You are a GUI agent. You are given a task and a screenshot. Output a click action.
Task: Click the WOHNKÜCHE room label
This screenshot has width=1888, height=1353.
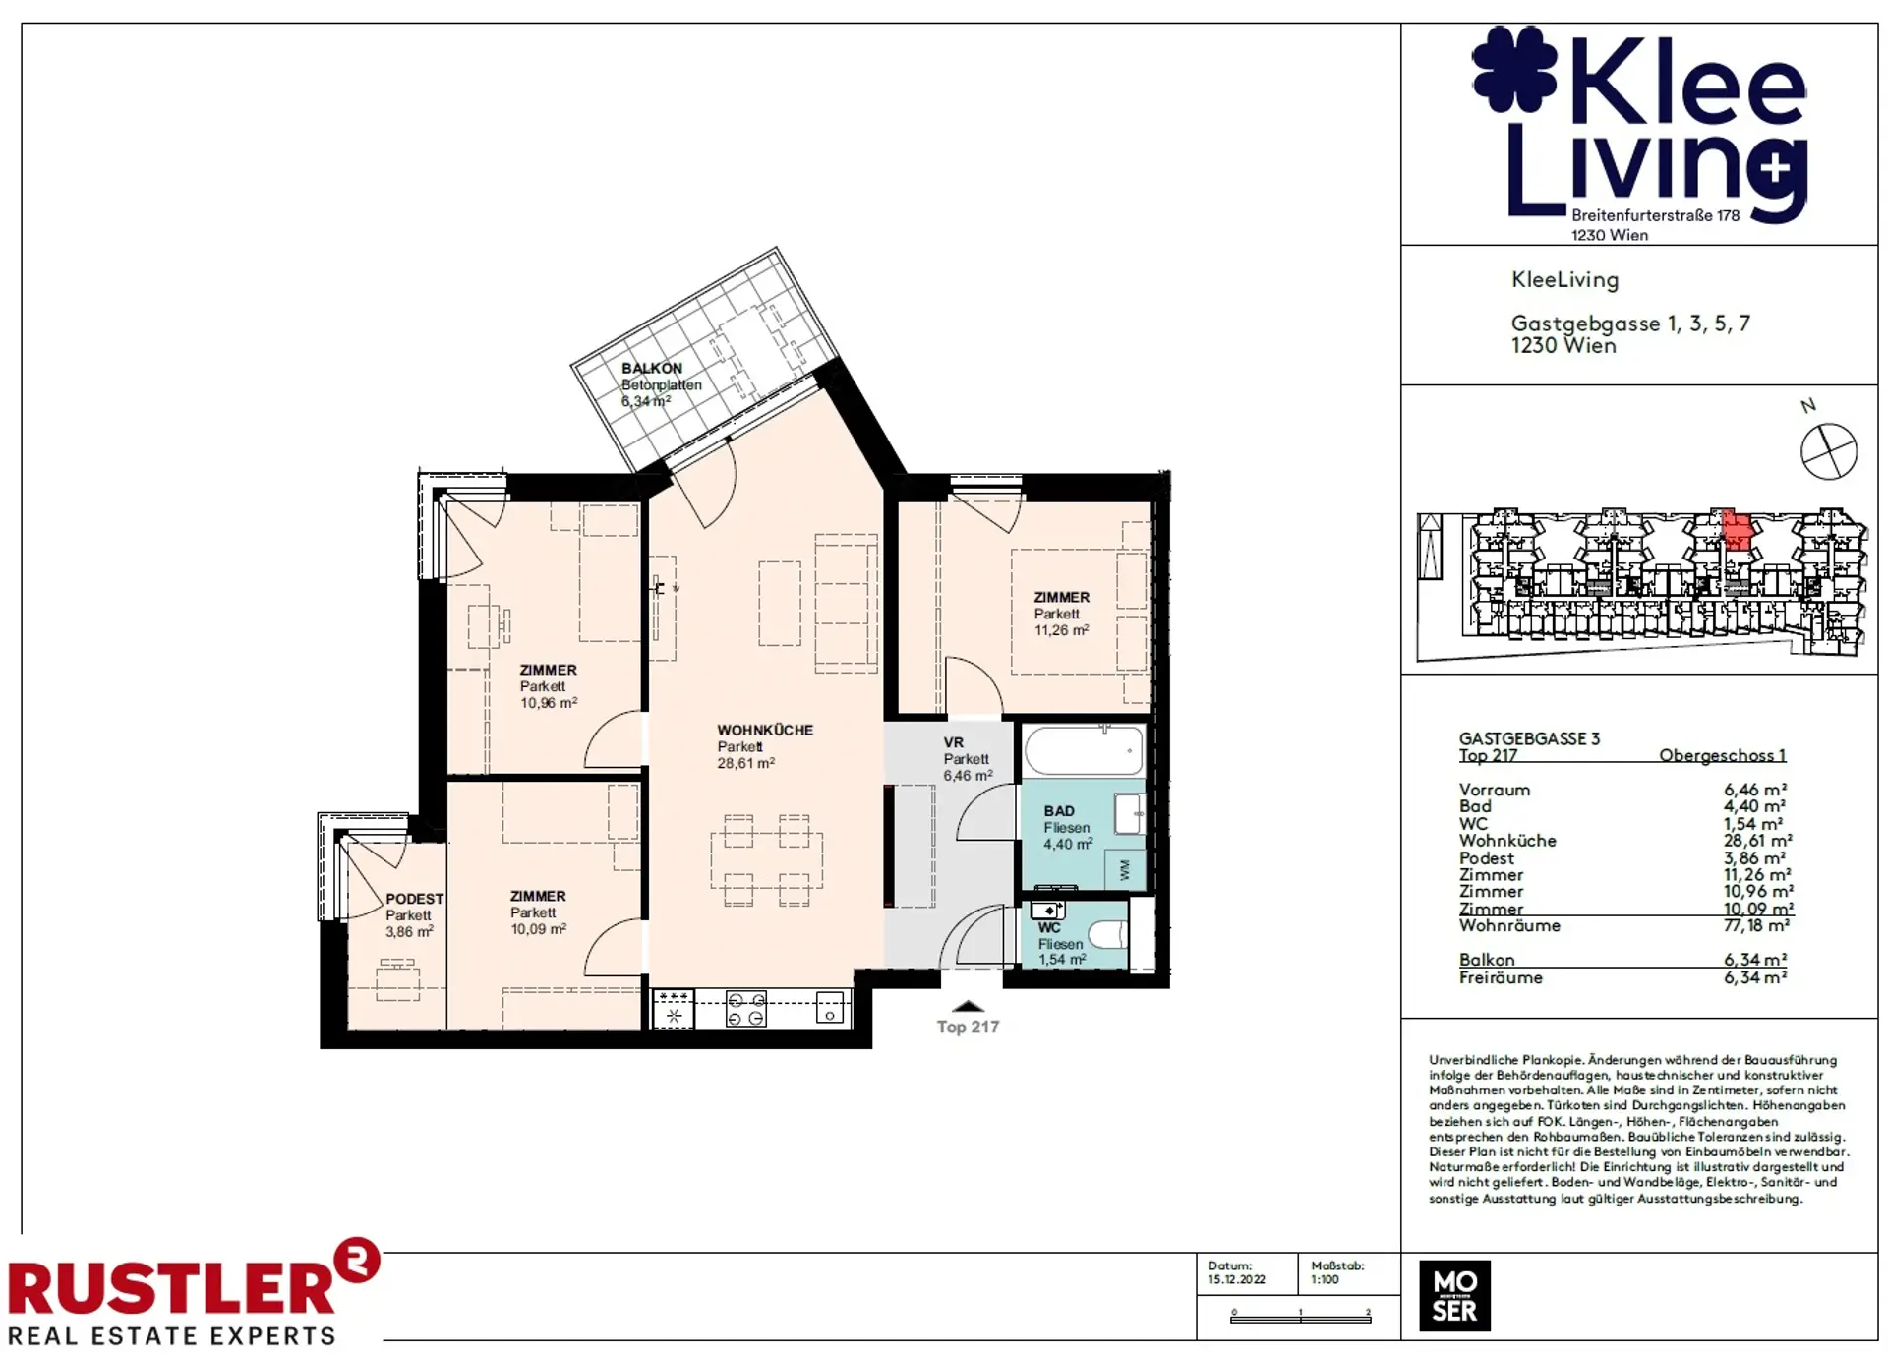click(x=765, y=730)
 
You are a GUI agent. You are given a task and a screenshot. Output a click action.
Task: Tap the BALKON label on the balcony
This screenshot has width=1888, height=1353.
click(x=651, y=368)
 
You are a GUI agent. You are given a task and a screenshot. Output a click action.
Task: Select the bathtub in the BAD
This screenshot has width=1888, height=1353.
click(x=1084, y=752)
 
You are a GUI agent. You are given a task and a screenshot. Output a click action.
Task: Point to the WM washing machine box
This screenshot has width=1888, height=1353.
click(x=1125, y=869)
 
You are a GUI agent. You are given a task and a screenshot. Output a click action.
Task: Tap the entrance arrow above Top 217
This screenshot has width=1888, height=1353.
click(x=968, y=1006)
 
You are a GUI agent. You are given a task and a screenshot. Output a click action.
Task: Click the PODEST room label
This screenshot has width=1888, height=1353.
click(x=414, y=899)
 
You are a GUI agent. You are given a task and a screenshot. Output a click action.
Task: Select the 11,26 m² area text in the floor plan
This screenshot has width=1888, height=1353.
click(x=1061, y=630)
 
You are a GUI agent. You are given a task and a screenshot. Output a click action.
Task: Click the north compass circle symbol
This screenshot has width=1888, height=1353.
click(x=1829, y=452)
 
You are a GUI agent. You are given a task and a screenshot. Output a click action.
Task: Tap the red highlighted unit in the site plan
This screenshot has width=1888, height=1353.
click(x=1738, y=532)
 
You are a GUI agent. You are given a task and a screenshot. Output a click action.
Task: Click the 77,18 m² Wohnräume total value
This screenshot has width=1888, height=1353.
click(x=1756, y=925)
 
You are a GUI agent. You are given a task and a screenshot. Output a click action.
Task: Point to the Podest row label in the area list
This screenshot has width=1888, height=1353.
click(x=1487, y=858)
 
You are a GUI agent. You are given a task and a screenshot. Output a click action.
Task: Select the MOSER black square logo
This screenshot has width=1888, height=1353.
click(x=1454, y=1296)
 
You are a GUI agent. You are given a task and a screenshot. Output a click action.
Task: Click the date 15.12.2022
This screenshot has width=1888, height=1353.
click(x=1237, y=1279)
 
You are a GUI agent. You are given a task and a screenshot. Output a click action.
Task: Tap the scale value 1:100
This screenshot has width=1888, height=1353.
click(x=1325, y=1279)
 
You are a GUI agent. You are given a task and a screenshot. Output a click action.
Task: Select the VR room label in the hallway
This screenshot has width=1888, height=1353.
click(x=953, y=742)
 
